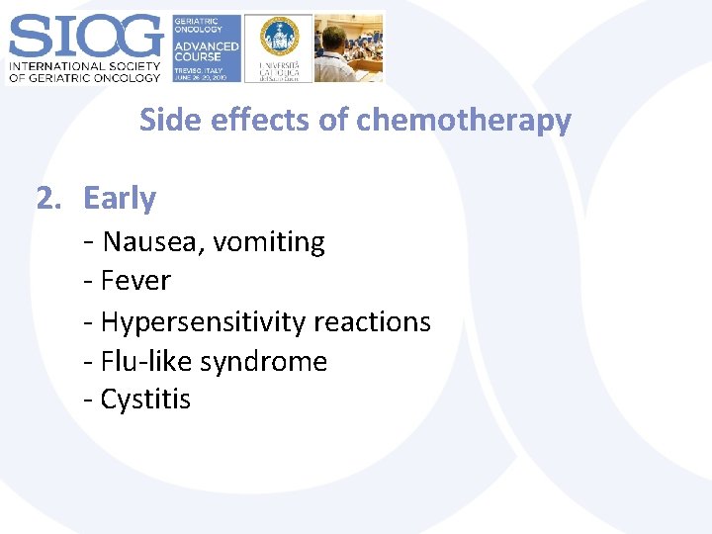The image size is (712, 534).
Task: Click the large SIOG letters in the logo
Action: pos(85,37)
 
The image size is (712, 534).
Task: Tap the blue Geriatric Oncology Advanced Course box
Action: pos(206,47)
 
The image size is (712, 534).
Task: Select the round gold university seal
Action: pos(279,37)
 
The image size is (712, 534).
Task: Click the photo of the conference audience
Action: pos(350,47)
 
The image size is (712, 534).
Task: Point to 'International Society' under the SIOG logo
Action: pos(85,66)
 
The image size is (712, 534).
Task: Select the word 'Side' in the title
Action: pos(162,120)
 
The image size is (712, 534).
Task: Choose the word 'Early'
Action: pos(120,199)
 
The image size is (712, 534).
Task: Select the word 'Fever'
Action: pos(135,281)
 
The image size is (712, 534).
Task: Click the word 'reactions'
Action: pos(372,322)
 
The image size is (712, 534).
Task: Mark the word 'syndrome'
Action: pos(263,361)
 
